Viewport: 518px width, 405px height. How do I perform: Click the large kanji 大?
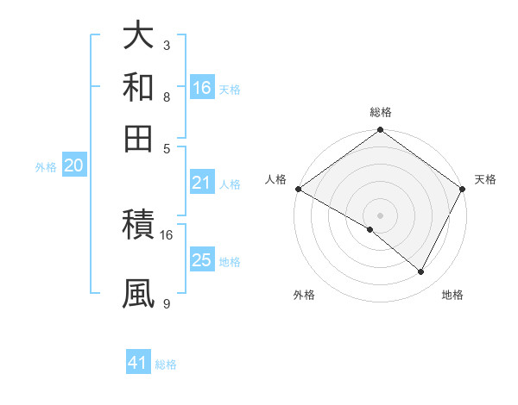tap(139, 37)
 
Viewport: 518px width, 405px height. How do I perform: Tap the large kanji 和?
tap(139, 87)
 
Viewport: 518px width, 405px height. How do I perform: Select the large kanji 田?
tap(139, 137)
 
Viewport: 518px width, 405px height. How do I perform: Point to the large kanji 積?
tap(139, 227)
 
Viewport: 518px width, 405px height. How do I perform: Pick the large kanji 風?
tap(139, 292)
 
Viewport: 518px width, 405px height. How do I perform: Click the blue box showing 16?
tap(202, 87)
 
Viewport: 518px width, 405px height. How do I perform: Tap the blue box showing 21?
tap(202, 182)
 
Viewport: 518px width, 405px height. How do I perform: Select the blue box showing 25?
tap(202, 260)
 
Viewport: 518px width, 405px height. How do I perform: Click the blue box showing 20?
tap(73, 165)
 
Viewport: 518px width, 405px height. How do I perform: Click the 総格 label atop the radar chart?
tap(380, 112)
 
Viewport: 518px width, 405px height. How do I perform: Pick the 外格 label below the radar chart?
tap(304, 296)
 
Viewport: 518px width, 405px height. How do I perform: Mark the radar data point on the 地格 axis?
tap(421, 272)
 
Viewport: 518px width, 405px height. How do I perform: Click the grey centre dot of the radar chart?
tap(380, 215)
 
